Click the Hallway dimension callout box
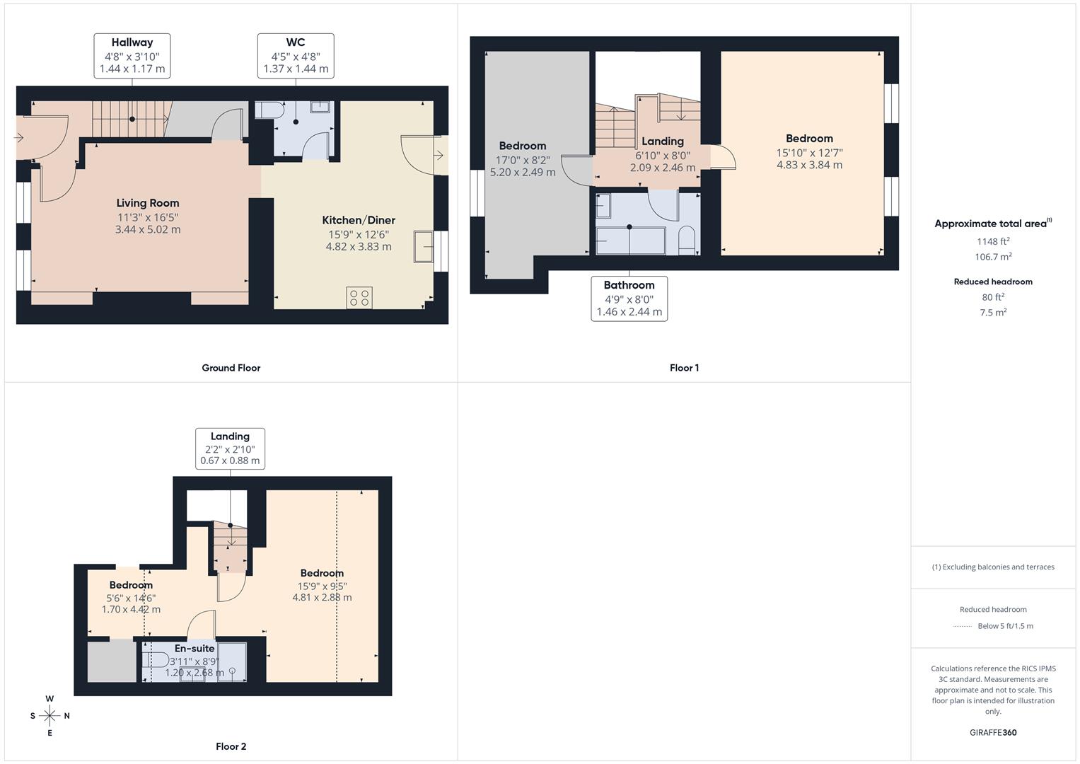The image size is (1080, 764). pos(132,56)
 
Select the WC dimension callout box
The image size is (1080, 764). pos(296,56)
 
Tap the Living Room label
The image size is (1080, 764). pos(148,203)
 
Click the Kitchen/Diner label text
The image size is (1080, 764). pos(359,220)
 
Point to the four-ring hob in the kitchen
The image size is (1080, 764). pos(359,298)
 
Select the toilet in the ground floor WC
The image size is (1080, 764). pos(269,110)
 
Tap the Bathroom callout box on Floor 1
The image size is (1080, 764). pos(629,299)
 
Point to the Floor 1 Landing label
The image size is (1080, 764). pos(663,141)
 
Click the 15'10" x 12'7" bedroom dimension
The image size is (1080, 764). pos(809,153)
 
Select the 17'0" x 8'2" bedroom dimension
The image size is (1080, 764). pos(523,160)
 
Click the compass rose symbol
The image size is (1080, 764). pos(50,716)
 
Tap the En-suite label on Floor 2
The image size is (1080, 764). pos(194,648)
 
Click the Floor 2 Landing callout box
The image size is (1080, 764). pos(230,448)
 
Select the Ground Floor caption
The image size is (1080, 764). pos(231,368)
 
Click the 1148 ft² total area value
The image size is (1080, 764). pos(992,241)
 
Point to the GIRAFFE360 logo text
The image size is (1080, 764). pos(993,732)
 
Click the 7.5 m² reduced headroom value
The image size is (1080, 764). pos(993,313)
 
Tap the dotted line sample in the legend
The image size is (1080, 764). pos(962,626)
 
